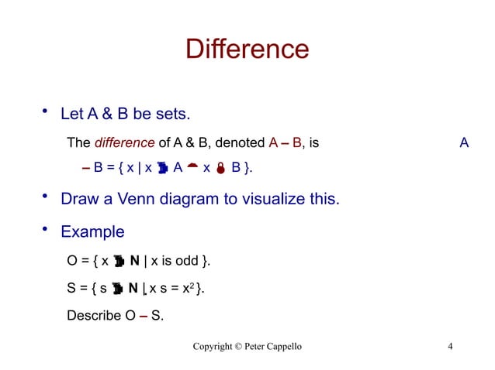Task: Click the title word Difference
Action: click(x=247, y=50)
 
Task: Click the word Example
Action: click(x=92, y=231)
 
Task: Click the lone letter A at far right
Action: click(x=464, y=142)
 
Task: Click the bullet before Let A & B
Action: click(x=45, y=110)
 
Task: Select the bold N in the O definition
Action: click(x=135, y=261)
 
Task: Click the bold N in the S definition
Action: click(x=133, y=289)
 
